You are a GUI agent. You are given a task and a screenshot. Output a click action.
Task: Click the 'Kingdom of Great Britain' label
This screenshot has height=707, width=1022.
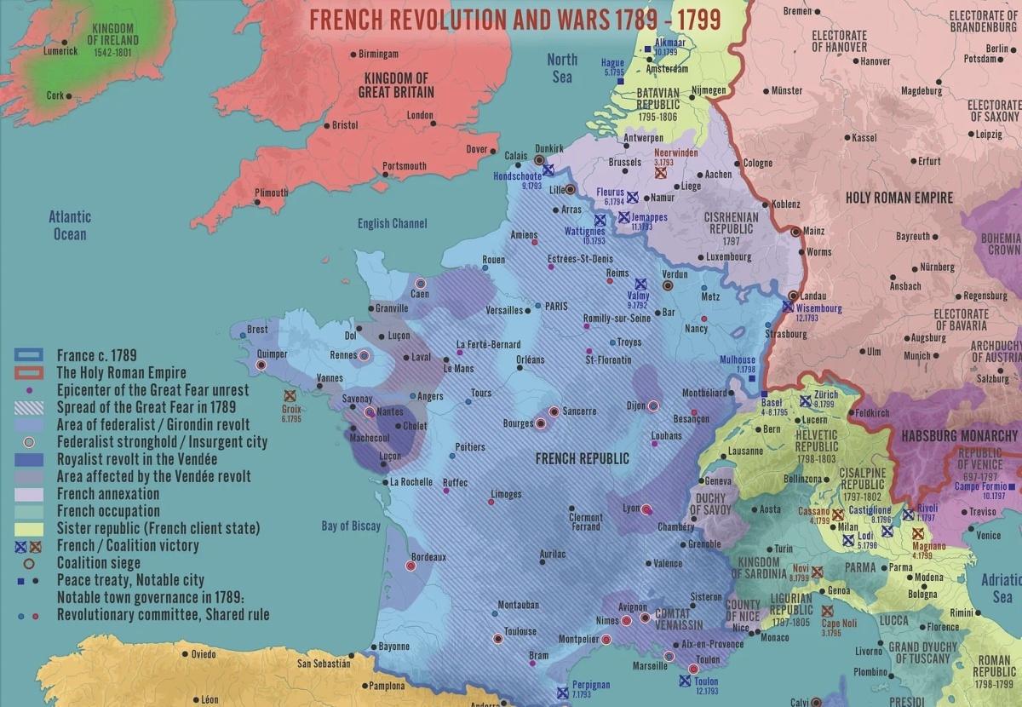click(396, 84)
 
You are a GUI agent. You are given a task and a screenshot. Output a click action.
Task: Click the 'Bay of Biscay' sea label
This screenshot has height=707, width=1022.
click(352, 526)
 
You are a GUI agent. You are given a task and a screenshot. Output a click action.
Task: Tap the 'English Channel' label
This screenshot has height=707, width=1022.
click(392, 224)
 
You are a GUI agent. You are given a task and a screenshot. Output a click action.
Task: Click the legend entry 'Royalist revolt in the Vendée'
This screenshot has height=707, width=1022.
click(137, 459)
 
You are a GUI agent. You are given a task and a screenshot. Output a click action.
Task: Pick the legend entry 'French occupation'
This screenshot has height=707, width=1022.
click(108, 511)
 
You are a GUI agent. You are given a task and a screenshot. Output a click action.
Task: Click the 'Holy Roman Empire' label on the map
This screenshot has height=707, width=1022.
click(899, 198)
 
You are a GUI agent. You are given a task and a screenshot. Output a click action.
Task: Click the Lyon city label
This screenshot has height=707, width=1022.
click(630, 509)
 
